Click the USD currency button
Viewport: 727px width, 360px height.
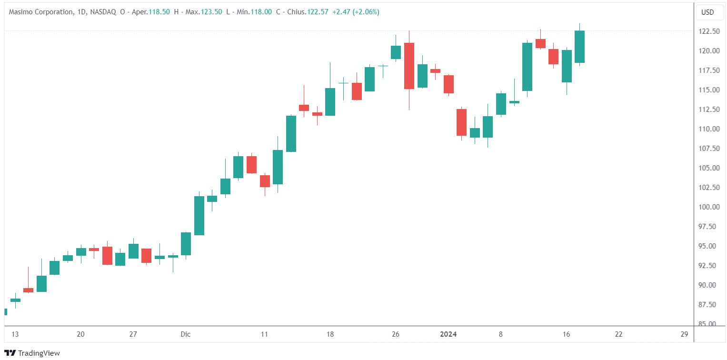click(707, 12)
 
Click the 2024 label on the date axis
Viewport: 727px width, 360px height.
click(448, 334)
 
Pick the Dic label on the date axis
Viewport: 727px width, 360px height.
click(186, 334)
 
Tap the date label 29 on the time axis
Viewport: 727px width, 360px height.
click(684, 334)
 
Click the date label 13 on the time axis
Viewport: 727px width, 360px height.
click(15, 334)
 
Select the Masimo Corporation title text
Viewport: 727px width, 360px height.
click(41, 12)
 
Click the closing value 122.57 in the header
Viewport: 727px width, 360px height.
click(318, 12)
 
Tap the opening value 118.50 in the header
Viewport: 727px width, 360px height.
click(159, 12)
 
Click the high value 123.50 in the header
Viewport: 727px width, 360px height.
click(212, 12)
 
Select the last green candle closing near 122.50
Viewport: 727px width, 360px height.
click(579, 47)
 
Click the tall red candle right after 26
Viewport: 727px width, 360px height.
click(409, 66)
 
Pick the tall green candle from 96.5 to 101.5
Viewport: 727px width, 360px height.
click(199, 216)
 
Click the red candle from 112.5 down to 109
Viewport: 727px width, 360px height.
click(461, 122)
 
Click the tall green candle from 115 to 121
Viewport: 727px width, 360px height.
click(527, 67)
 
